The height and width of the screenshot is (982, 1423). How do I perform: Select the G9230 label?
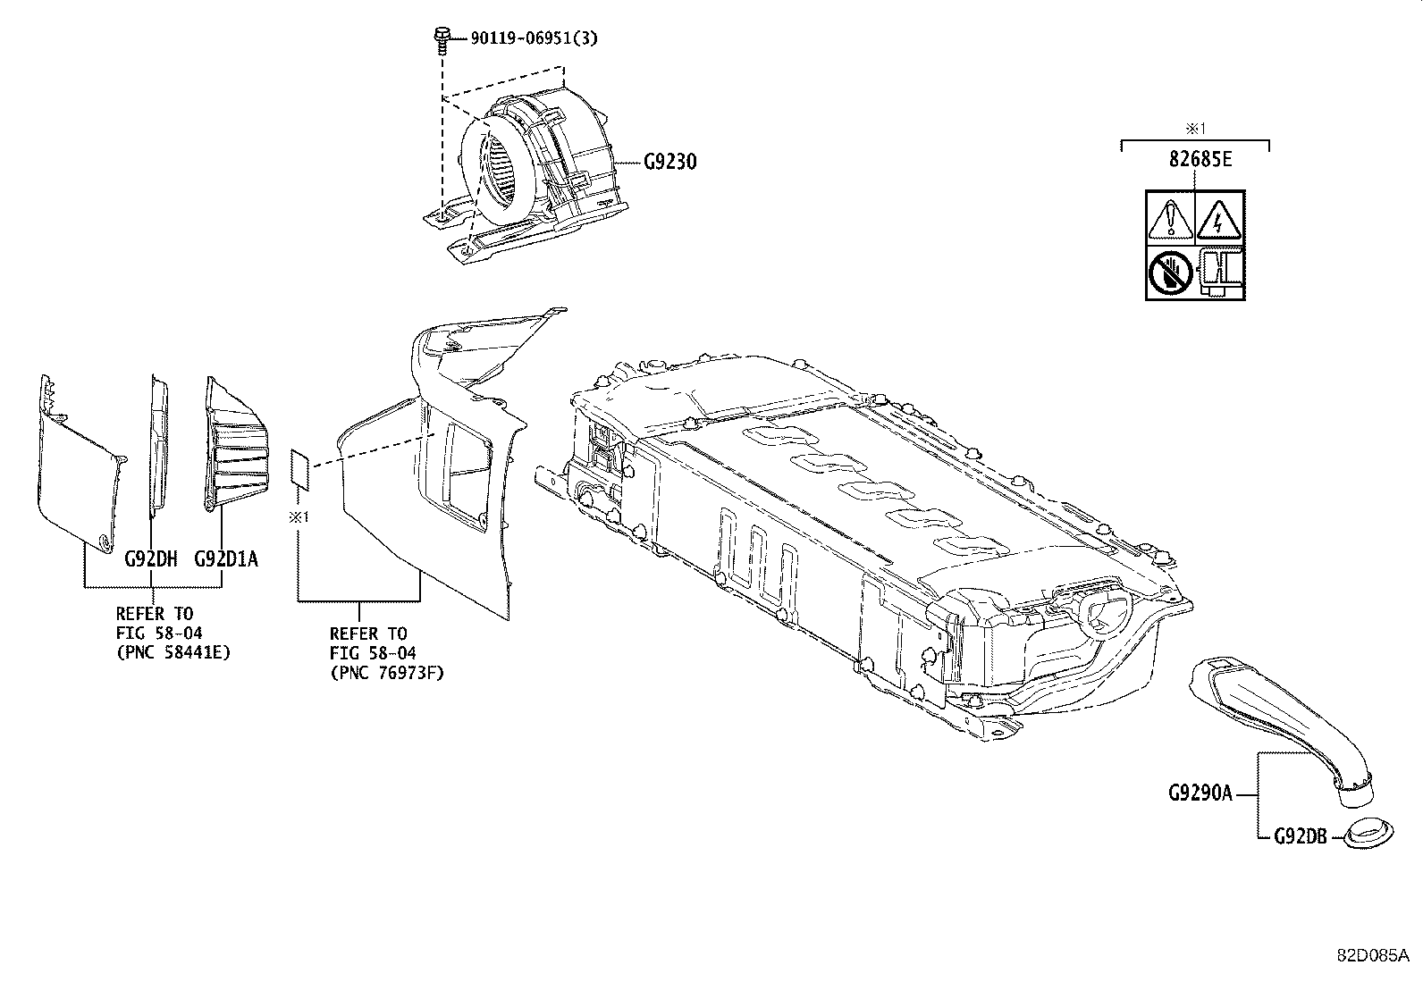670,163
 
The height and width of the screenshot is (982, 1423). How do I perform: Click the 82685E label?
1195,160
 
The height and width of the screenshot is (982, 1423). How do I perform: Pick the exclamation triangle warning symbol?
1170,219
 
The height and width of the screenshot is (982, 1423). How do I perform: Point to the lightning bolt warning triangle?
1219,219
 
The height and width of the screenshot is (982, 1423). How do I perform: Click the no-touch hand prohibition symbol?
1170,273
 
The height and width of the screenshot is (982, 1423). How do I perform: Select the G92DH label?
151,559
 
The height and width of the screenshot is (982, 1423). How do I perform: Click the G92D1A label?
226,559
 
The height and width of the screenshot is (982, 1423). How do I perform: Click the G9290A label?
1200,793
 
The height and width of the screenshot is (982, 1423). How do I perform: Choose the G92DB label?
1301,837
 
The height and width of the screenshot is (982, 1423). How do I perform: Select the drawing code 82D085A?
1371,954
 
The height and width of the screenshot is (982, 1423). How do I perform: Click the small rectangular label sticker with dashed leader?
299,470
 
